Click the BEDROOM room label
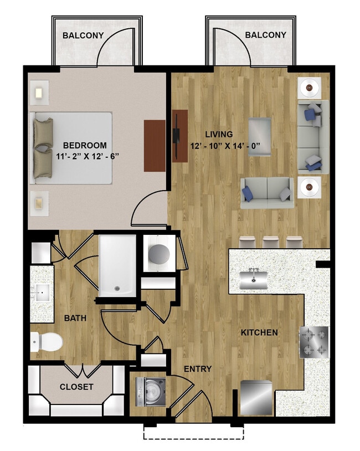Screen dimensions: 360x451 tap(85, 145)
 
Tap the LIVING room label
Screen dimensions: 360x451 tap(219, 134)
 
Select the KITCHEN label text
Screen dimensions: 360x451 tap(259, 332)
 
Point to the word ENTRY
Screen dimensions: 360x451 tap(198, 369)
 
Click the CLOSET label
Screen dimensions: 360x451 tap(76, 387)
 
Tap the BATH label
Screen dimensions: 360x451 tap(75, 318)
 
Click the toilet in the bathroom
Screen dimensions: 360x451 tap(47, 342)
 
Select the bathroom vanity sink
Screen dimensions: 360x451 tap(42, 292)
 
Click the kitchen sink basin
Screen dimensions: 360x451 tap(254, 280)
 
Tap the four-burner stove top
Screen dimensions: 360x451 tap(314, 342)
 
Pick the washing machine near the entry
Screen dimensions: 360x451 tap(151, 392)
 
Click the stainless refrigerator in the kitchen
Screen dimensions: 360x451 tap(256, 398)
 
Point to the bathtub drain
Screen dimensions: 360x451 tap(117, 288)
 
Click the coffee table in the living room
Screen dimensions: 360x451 tap(260, 137)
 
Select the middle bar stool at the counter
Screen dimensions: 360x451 tap(271, 242)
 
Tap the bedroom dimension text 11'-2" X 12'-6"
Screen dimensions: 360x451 tap(88, 156)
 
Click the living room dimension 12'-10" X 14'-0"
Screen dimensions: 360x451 tap(225, 146)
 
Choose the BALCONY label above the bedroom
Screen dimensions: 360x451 tap(83, 35)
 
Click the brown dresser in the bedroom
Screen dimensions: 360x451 tap(155, 146)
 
